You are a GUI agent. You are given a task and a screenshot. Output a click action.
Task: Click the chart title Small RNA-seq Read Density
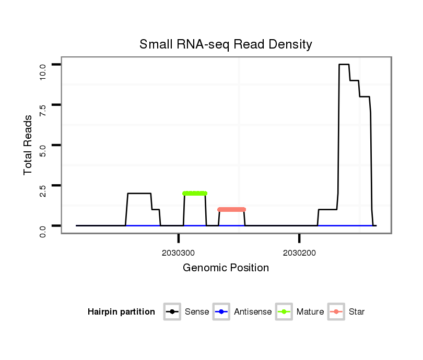coord(226,45)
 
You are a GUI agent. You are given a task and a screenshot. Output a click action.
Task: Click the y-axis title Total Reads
coord(28,145)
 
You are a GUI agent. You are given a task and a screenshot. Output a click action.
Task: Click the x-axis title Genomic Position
coord(226,268)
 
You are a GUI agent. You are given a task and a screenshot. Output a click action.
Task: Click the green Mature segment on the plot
coord(195,193)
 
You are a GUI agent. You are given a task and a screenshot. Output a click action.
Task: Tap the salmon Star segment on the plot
coord(231,209)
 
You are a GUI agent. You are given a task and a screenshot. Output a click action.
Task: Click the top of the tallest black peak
coord(344,64)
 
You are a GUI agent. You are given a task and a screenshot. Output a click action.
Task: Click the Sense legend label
coord(197,312)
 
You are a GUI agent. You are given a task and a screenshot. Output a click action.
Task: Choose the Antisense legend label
coord(253,312)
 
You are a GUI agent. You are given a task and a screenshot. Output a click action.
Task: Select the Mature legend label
coord(310,312)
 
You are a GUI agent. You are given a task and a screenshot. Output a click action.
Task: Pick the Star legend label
coord(356,312)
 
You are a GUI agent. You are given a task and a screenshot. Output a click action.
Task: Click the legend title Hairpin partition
coord(121,312)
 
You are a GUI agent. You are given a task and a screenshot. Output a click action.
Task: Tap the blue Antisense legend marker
coord(221,312)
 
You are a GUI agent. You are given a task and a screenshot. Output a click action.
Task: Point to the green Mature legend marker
coord(284,312)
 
